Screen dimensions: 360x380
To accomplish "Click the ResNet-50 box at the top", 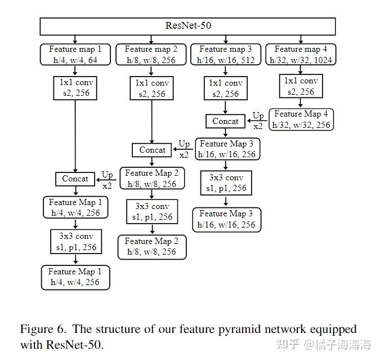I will [189, 25].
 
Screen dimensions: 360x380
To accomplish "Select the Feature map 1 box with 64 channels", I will [75, 55].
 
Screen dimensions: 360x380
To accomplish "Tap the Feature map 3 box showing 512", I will [226, 55].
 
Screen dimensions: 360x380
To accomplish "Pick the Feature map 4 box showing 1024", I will [301, 55].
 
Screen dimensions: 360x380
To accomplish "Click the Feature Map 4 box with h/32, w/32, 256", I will [301, 119].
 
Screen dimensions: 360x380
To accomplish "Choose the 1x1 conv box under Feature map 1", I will [75, 88].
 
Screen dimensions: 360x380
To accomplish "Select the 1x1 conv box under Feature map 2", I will [151, 88].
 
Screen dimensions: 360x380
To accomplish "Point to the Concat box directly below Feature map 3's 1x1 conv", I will [226, 121].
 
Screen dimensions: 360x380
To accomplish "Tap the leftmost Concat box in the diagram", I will [75, 179].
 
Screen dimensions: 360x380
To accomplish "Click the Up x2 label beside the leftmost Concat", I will [108, 179].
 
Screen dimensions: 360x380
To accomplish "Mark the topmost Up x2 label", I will [258, 121].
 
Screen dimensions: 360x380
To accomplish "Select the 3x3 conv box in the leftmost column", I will [75, 242].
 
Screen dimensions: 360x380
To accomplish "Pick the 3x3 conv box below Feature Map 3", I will [226, 183].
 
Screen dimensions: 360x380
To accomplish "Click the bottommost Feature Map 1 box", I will [75, 277].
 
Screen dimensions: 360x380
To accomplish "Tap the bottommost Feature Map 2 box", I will [152, 247].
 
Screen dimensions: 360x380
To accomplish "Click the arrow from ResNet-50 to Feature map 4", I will [301, 39].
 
